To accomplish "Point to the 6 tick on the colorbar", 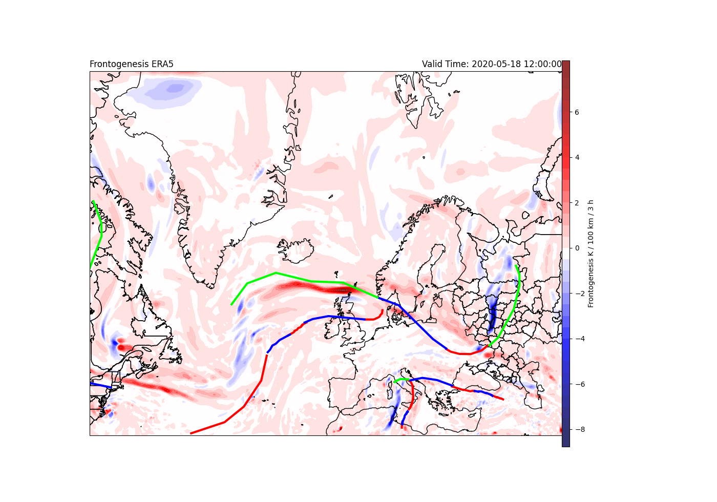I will coord(577,112).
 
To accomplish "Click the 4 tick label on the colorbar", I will coord(577,157).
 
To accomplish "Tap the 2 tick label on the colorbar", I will coord(577,203).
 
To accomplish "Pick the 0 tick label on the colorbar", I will coord(577,248).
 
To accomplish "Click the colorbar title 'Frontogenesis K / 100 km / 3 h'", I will coord(591,254).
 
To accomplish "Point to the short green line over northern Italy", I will coord(400,380).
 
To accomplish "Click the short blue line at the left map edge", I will coord(100,385).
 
